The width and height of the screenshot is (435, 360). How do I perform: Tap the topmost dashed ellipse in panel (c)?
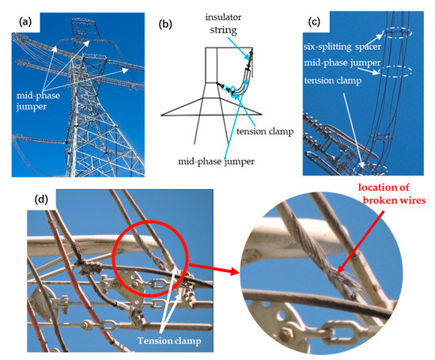click(393, 36)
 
